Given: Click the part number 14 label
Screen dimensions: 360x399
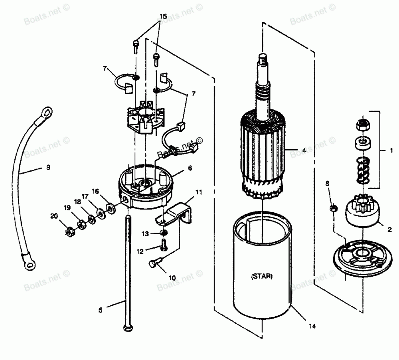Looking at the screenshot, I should tap(312, 326).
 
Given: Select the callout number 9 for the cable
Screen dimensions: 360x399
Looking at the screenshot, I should tap(48, 168).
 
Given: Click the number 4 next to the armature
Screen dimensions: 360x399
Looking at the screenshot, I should tap(304, 150).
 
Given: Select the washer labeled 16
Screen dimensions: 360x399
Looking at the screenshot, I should tap(109, 208).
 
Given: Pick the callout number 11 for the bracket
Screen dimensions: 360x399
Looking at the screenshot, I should tap(199, 192).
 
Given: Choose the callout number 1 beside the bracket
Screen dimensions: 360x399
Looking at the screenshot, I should tap(391, 151).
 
